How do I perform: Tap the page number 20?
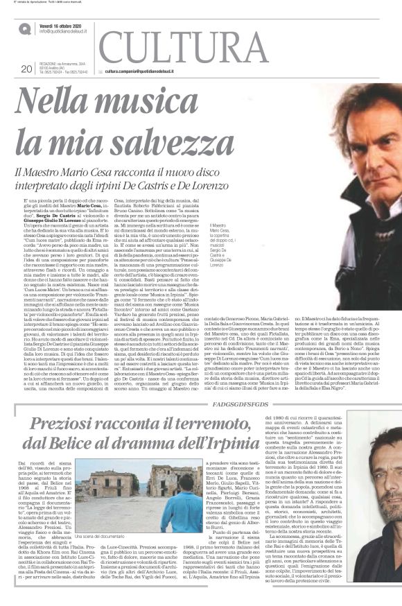pyautogui.click(x=27, y=69)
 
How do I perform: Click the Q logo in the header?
pyautogui.click(x=25, y=27)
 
